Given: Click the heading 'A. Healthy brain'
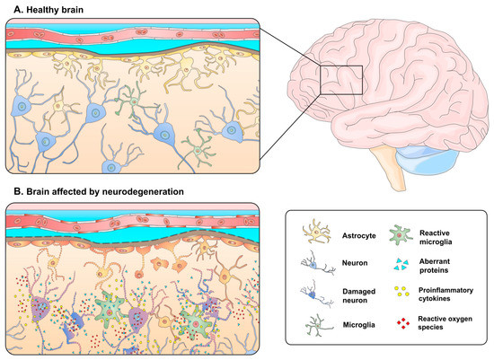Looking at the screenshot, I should (x=45, y=8).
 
